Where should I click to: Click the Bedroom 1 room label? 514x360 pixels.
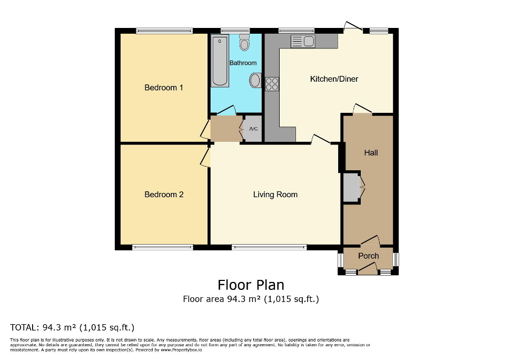click(x=163, y=87)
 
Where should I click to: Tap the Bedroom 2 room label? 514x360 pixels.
click(x=164, y=194)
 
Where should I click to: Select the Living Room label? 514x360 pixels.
click(x=275, y=194)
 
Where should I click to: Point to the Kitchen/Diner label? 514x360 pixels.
click(x=334, y=79)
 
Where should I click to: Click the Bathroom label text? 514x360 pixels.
click(x=243, y=63)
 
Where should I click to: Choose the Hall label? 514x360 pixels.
click(x=371, y=153)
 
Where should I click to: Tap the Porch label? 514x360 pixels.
click(x=368, y=256)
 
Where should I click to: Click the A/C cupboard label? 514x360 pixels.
click(x=253, y=129)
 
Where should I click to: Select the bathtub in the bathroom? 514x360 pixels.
click(x=220, y=61)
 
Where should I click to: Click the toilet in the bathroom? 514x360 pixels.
click(x=244, y=43)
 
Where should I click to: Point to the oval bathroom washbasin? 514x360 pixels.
click(x=255, y=81)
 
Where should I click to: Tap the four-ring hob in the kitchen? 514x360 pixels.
click(x=272, y=84)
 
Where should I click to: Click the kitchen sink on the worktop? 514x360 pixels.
click(x=302, y=41)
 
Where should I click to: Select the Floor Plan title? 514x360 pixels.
click(x=251, y=285)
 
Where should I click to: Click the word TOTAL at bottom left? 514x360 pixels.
click(x=24, y=327)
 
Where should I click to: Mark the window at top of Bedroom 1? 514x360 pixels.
click(x=164, y=31)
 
